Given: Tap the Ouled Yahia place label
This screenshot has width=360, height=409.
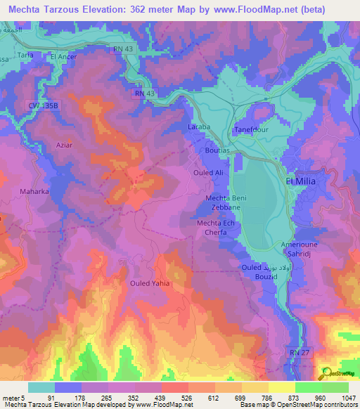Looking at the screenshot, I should point(150,283).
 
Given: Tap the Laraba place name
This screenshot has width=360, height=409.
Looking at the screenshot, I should point(199,127).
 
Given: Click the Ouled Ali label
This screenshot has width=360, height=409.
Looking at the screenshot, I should point(208,172).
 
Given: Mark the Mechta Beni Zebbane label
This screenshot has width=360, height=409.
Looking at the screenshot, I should point(228,204).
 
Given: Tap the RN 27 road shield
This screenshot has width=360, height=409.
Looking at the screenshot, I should point(299,350).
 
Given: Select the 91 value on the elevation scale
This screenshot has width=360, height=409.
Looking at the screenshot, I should point(52,398).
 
